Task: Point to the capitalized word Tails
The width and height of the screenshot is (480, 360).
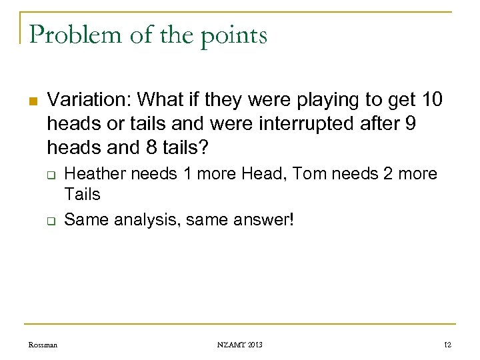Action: [82, 194]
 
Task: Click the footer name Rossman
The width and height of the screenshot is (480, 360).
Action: [43, 345]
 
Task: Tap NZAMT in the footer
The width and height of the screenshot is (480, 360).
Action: [231, 345]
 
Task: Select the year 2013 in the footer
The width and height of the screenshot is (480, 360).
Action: [254, 345]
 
